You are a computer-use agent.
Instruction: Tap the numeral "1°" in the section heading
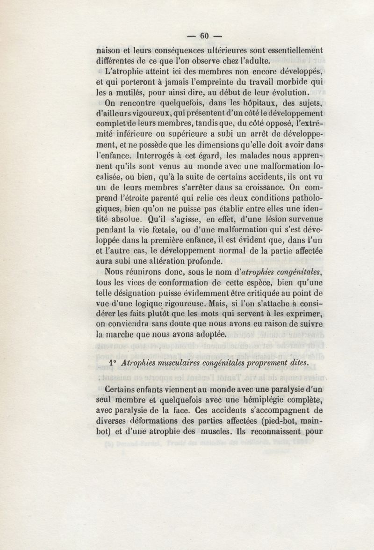point(112,362)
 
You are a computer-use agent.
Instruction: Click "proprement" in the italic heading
point(267,362)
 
